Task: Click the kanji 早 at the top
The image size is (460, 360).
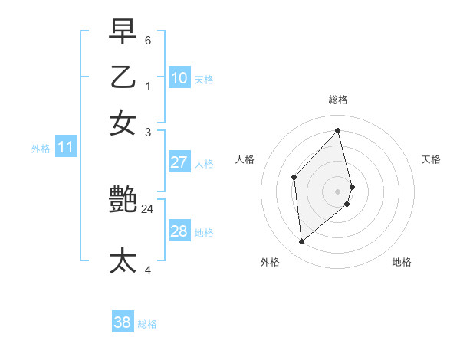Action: (123, 32)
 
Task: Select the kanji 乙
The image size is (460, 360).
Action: (123, 77)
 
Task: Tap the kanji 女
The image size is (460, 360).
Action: (123, 123)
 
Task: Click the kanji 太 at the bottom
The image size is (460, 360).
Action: (123, 260)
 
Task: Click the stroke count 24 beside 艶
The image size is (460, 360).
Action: (147, 208)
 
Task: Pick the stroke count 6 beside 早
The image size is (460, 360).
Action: (147, 40)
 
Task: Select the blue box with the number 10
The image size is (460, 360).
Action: (179, 78)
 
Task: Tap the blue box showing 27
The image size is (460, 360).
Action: (179, 162)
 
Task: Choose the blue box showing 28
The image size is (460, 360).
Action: (179, 231)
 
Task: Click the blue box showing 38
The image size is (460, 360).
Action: (123, 322)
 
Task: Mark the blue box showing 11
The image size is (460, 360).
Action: (65, 147)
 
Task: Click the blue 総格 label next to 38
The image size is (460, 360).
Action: (147, 324)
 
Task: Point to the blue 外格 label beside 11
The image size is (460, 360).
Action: (41, 149)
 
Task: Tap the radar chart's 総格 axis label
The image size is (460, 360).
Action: (338, 100)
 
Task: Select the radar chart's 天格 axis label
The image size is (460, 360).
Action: (431, 159)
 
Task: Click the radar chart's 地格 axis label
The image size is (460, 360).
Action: (402, 262)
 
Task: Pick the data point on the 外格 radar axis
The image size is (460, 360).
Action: (301, 242)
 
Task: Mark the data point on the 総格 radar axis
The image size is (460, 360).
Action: (338, 130)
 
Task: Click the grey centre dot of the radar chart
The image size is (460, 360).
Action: (338, 191)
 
